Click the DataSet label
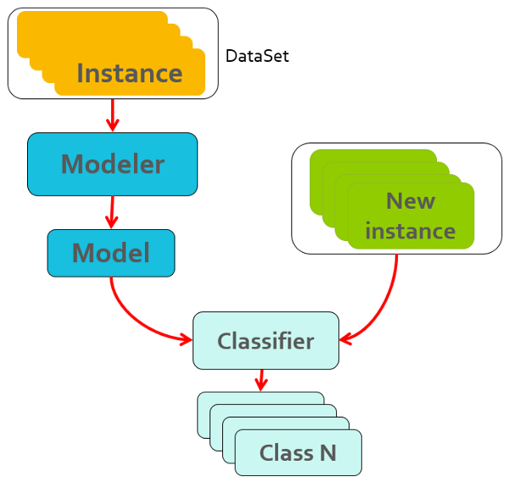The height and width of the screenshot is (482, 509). [257, 57]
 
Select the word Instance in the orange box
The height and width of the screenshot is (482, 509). [129, 73]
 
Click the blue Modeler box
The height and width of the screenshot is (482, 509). [112, 163]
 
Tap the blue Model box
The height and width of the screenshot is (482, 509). [110, 253]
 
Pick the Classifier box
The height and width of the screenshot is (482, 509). [266, 341]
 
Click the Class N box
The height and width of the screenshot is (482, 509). [298, 453]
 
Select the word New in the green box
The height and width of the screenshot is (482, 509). [410, 201]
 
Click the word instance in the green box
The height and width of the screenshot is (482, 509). [410, 231]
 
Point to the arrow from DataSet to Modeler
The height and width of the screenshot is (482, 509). [112, 115]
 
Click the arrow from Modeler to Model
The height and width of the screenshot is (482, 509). [111, 211]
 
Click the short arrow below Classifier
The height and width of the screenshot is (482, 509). [261, 379]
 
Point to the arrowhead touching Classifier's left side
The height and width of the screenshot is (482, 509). [186, 339]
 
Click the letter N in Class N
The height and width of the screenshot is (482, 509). [327, 453]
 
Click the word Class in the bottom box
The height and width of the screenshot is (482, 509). [286, 453]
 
